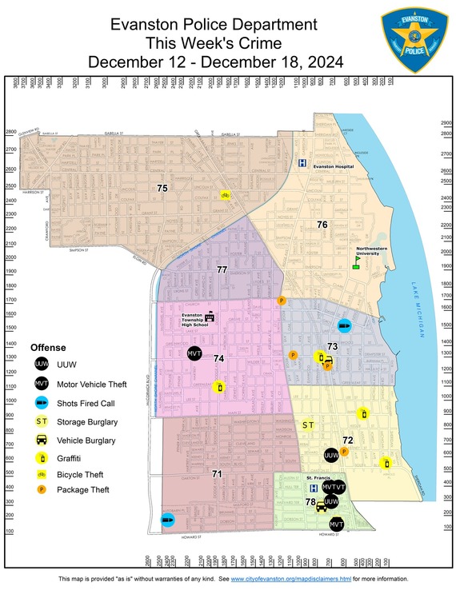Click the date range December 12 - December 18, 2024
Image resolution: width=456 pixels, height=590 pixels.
tap(215, 62)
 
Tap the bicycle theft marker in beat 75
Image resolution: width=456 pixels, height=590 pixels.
tap(226, 194)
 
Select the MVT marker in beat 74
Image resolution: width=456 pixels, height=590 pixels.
tap(194, 353)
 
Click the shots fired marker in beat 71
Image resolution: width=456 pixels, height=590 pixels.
tap(168, 520)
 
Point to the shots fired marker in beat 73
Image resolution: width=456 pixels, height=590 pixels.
tap(343, 325)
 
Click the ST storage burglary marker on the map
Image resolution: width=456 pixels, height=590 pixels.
tap(307, 424)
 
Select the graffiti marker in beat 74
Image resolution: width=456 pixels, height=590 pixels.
tap(220, 388)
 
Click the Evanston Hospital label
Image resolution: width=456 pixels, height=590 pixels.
tap(334, 167)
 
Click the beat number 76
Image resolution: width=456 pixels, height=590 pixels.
tap(322, 225)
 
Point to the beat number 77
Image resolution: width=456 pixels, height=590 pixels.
tap(222, 270)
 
